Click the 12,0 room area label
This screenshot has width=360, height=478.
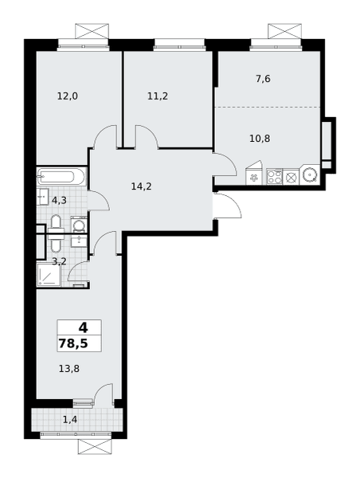click(x=68, y=96)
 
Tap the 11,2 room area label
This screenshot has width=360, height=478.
click(x=158, y=96)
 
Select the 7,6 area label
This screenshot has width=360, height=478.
click(x=263, y=79)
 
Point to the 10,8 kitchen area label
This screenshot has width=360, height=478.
click(x=260, y=139)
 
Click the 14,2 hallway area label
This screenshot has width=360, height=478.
click(x=142, y=186)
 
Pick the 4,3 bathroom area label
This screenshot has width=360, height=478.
click(x=59, y=200)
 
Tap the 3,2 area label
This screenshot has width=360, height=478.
click(x=59, y=261)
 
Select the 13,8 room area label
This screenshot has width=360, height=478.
click(x=69, y=369)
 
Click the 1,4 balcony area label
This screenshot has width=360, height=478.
click(x=70, y=420)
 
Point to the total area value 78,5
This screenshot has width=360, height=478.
click(x=73, y=343)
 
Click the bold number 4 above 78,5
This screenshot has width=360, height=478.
click(x=83, y=327)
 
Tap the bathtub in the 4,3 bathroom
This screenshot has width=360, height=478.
click(x=62, y=177)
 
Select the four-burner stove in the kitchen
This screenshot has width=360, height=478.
click(x=274, y=177)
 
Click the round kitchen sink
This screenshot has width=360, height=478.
click(x=310, y=174)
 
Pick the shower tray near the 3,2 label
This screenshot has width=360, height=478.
click(x=49, y=275)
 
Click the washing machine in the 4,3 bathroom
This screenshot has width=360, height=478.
click(x=79, y=225)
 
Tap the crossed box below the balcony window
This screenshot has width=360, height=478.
click(x=95, y=446)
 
